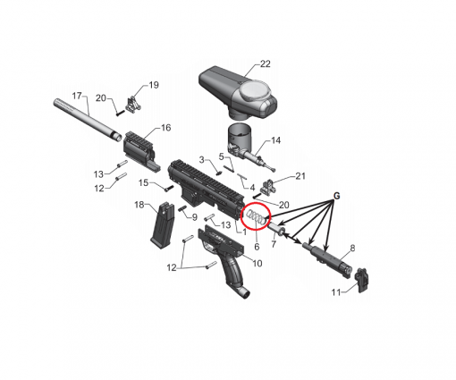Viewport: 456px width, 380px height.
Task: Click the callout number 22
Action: (x=266, y=63)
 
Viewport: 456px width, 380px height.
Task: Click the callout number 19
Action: (x=154, y=85)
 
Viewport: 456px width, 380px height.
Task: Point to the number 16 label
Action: (x=165, y=128)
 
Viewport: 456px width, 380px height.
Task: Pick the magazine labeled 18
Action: (x=163, y=224)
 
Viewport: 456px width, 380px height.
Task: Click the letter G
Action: (x=336, y=196)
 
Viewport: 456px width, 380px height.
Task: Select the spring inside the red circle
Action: (x=256, y=217)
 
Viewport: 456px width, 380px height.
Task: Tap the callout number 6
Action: (x=257, y=247)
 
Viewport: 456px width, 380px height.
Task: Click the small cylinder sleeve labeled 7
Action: (x=276, y=229)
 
